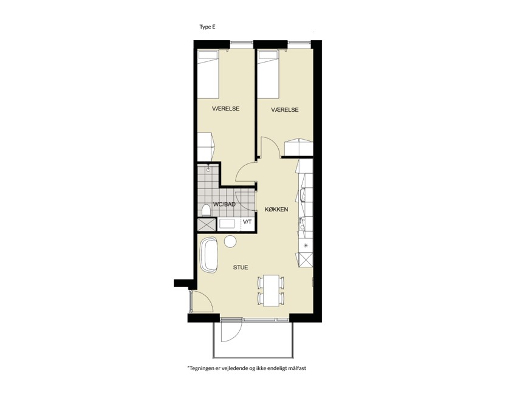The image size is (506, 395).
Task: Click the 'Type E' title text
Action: (x=207, y=27)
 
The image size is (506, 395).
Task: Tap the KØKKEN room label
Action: (x=276, y=210)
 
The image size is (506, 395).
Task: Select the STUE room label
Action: (x=241, y=267)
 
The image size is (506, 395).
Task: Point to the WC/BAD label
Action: (x=224, y=205)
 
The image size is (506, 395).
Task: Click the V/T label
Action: (x=247, y=222)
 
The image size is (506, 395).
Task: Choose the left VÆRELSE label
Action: (x=225, y=109)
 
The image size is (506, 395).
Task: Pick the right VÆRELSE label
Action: (x=285, y=110)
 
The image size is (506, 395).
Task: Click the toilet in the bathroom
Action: (x=206, y=210)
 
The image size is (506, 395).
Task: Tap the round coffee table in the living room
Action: (x=231, y=241)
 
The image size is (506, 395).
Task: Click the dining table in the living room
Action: (x=272, y=290)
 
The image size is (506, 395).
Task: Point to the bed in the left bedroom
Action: (x=208, y=74)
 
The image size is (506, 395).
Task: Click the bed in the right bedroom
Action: (x=268, y=74)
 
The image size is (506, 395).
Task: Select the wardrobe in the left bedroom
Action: (x=205, y=147)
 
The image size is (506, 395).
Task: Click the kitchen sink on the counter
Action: (x=303, y=195)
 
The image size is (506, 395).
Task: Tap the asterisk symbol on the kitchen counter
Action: (x=306, y=246)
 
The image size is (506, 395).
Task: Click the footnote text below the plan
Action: (x=247, y=368)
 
